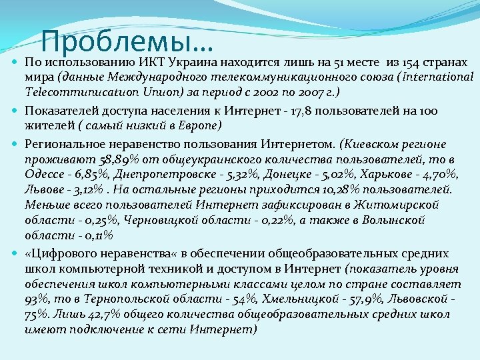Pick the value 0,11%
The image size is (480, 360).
(x=91, y=235)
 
